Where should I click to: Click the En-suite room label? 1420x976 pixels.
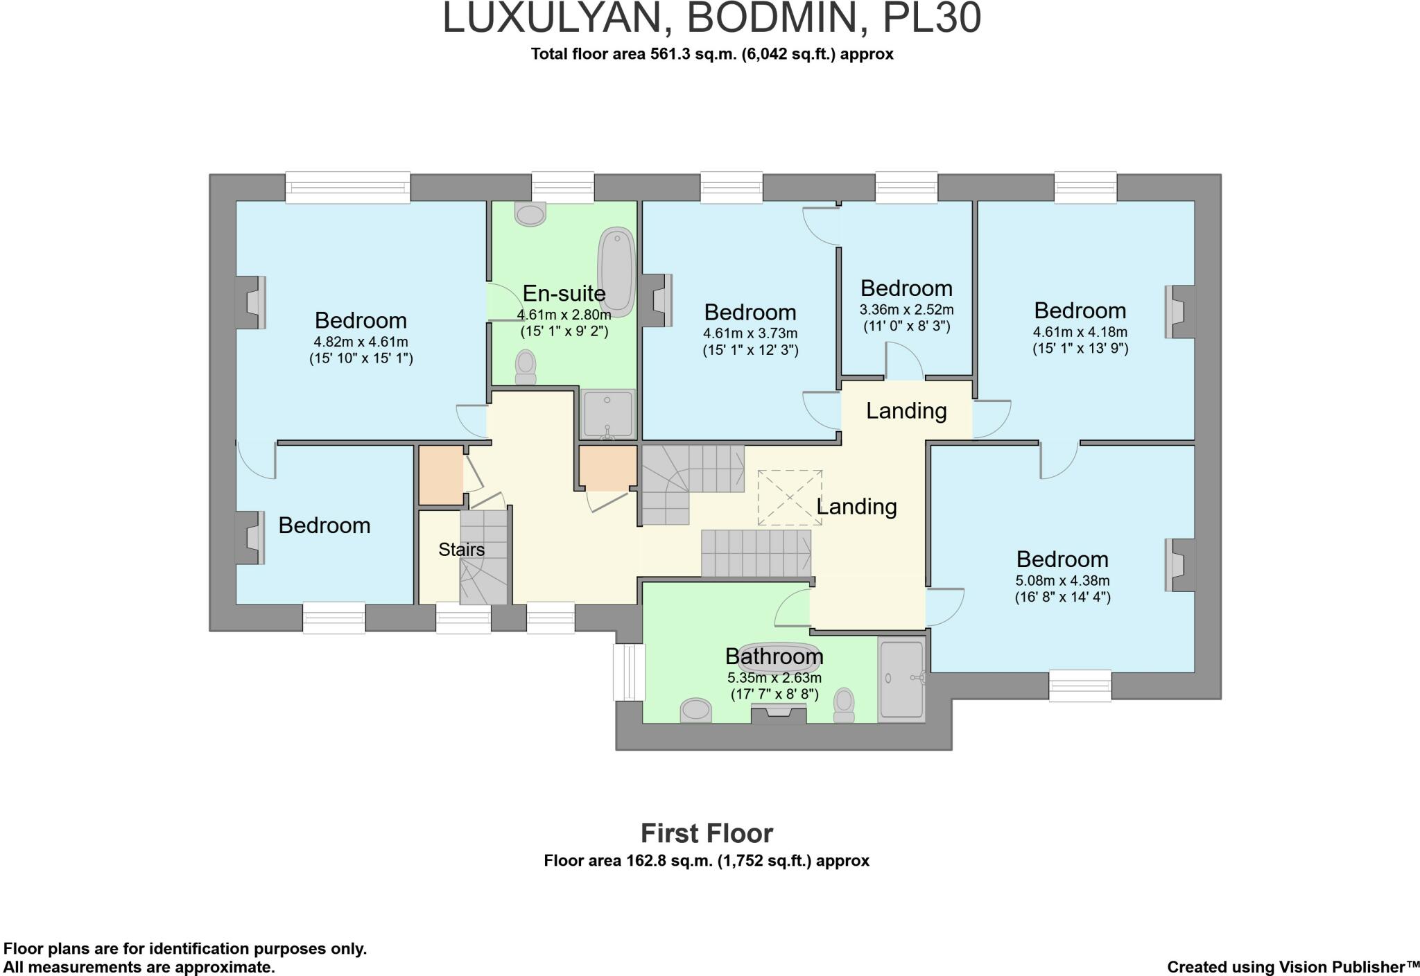[x=564, y=293]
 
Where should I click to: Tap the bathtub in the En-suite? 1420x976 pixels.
[x=616, y=273]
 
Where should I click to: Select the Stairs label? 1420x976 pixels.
[x=461, y=550]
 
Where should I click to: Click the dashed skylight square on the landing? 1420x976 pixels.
[x=790, y=498]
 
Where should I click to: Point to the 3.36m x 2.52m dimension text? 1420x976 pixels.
[x=906, y=309]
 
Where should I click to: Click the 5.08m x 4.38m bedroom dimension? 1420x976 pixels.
[x=1062, y=580]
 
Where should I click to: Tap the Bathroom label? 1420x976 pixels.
[x=774, y=656]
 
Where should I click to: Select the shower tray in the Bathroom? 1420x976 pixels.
[x=901, y=679]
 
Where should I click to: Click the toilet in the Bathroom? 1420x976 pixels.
[x=843, y=705]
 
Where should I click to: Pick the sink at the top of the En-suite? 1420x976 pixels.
[x=531, y=214]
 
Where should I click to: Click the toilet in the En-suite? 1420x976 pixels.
[x=526, y=366]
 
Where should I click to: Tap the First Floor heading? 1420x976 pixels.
[x=707, y=833]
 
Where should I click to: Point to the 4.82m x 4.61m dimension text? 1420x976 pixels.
[x=361, y=341]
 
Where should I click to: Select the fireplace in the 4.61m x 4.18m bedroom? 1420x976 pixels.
[x=1179, y=312]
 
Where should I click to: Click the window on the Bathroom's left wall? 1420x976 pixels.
[x=629, y=672]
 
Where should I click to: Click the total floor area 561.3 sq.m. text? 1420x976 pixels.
[x=712, y=54]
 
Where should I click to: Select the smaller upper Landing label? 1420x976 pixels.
[x=906, y=410]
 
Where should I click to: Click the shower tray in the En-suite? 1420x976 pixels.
[x=608, y=414]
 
